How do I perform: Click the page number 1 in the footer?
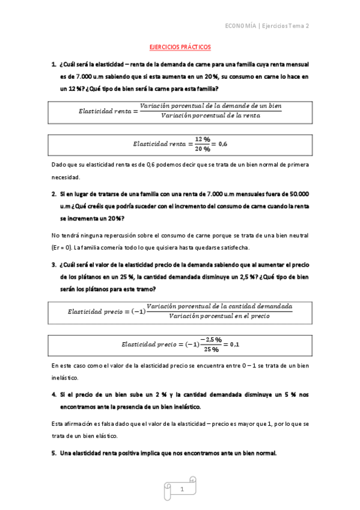(x=181, y=490)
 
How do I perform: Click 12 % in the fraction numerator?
(x=203, y=139)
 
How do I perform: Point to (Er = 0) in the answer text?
(x=66, y=248)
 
